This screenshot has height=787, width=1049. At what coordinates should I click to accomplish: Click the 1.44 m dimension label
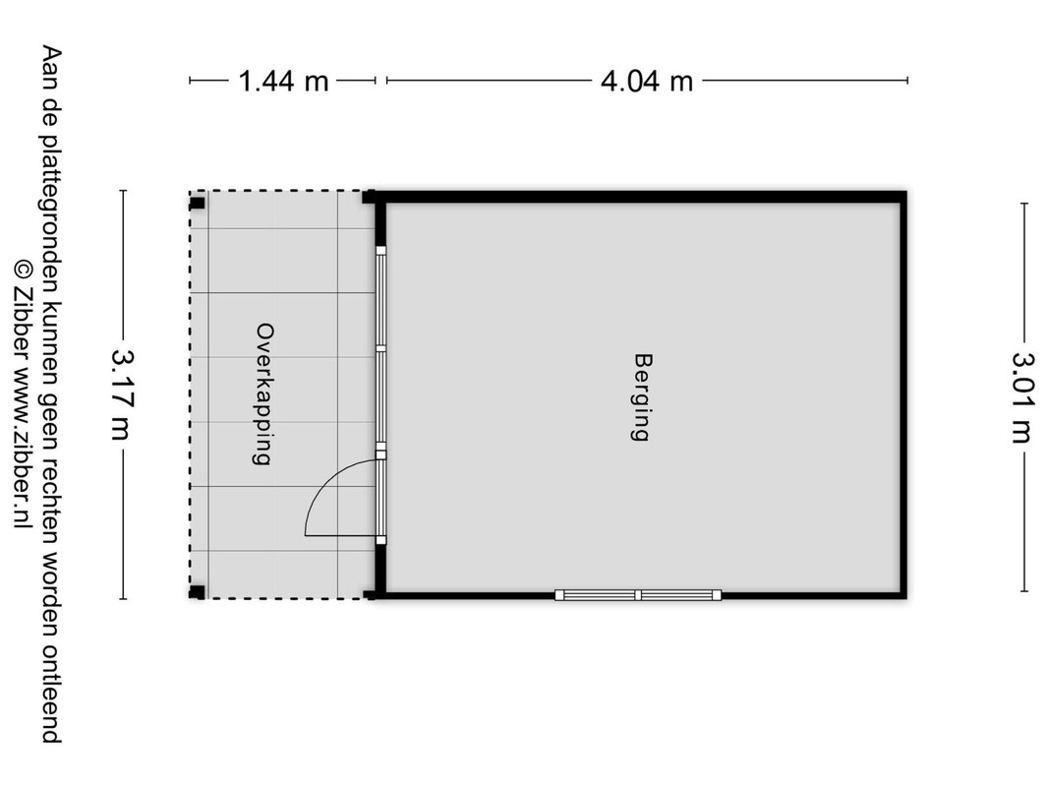284,81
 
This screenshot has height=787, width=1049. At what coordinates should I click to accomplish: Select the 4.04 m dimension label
646,81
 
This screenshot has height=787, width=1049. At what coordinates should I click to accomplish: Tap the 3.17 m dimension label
122,394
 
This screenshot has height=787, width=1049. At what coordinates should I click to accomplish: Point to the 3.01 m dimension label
1022,397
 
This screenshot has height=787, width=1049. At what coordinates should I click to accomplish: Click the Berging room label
642,397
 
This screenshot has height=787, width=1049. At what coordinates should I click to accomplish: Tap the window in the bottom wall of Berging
638,595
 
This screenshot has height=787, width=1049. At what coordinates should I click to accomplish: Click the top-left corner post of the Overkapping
197,203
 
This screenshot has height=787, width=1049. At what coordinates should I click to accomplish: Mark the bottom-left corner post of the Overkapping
197,591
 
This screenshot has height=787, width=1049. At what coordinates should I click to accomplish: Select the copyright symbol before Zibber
23,269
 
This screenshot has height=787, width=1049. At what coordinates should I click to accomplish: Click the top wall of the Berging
641,197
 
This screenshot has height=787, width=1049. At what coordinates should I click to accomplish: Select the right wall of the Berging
903,394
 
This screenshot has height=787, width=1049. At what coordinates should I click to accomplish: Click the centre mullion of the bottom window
638,595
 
